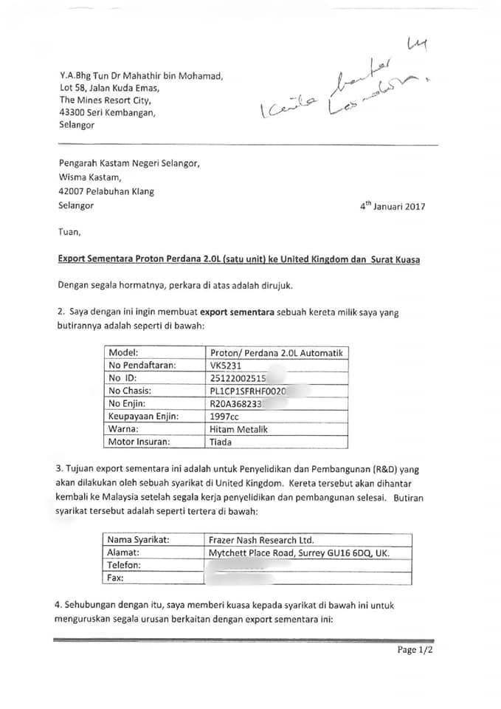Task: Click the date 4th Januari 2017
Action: coord(392,208)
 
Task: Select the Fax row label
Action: coord(117,578)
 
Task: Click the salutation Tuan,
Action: coord(71,232)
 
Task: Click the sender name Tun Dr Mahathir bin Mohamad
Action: coord(140,75)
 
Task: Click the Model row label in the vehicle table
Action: coord(124,352)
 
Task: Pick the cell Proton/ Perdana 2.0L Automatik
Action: coord(277,352)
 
